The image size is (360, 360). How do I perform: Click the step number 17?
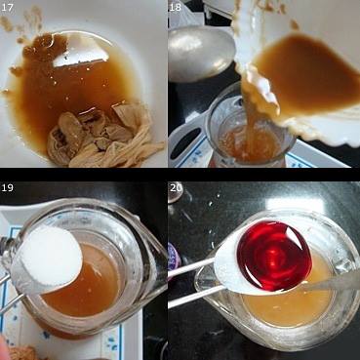tap(7, 8)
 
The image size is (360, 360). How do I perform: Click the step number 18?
tap(175, 8)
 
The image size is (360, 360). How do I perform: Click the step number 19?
tap(7, 188)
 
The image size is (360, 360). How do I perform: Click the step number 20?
tap(176, 188)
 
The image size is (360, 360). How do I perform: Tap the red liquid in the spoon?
tap(274, 256)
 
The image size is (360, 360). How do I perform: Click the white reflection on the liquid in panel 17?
tap(81, 52)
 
